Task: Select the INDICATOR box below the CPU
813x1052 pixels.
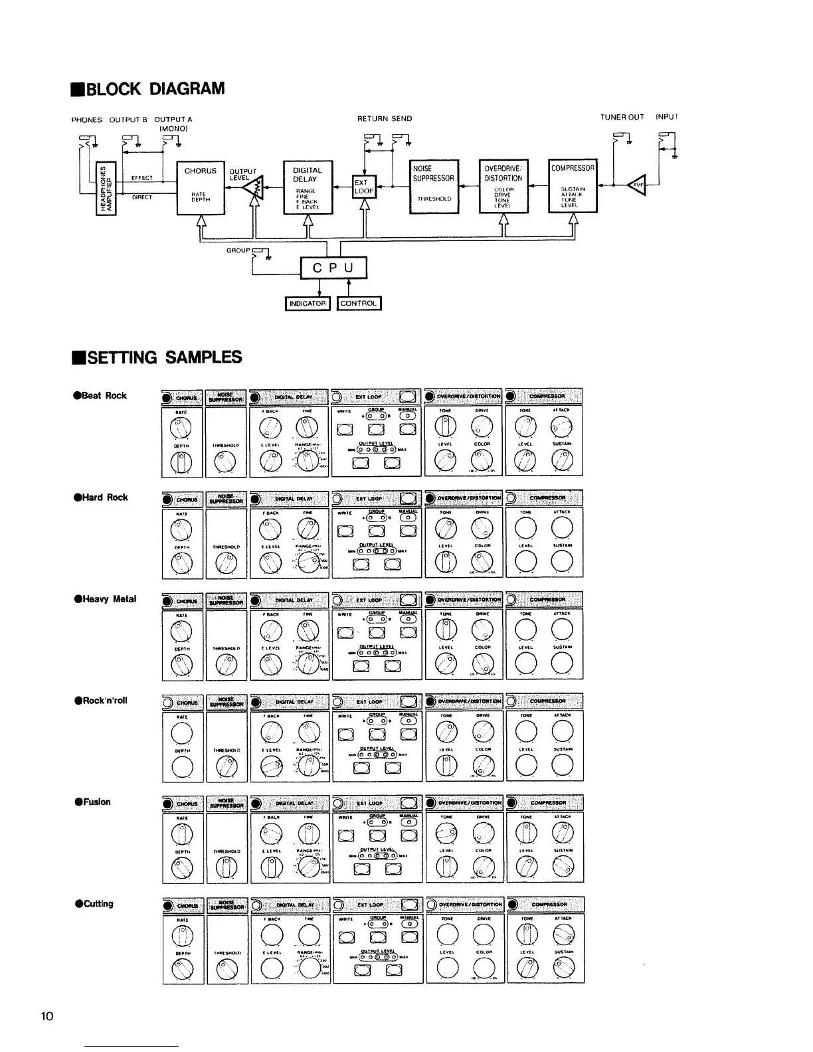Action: pyautogui.click(x=307, y=304)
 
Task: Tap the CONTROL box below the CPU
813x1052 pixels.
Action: pyautogui.click(x=359, y=304)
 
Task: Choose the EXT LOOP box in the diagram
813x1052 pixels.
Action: pyautogui.click(x=363, y=186)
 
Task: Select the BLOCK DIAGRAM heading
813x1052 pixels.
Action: pyautogui.click(x=147, y=89)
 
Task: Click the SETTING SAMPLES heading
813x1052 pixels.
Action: pyautogui.click(x=156, y=357)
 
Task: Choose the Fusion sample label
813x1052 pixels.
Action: pyautogui.click(x=93, y=802)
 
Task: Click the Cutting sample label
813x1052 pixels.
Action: pyautogui.click(x=95, y=903)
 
